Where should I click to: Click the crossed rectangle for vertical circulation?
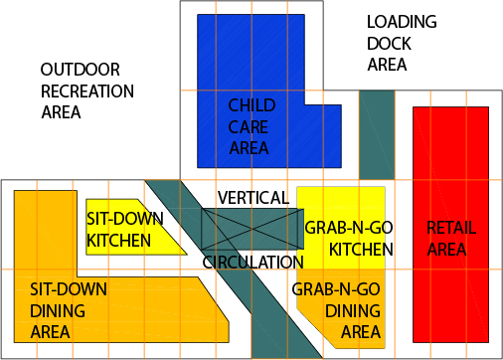251,229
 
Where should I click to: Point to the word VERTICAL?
253,198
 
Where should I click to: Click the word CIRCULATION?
252,263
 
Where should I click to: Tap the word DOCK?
388,44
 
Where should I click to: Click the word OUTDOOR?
81,70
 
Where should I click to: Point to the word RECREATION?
87,90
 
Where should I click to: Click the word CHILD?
251,104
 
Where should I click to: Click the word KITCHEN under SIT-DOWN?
119,241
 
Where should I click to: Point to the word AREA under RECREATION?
61,112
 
